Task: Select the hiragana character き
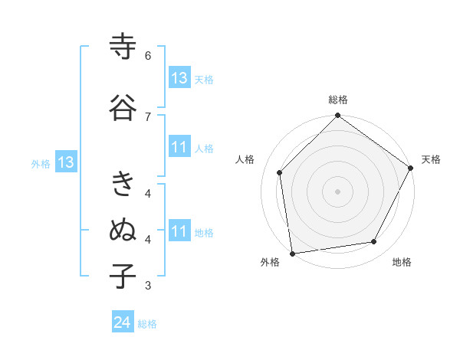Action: [123, 184]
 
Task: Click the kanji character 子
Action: [123, 276]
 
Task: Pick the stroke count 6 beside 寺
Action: [148, 56]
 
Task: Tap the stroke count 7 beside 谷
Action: [148, 116]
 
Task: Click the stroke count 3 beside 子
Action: [148, 286]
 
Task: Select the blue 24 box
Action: [123, 323]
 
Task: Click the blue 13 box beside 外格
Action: [65, 162]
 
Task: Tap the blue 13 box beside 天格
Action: [179, 78]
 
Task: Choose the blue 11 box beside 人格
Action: [179, 148]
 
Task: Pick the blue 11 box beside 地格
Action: [179, 231]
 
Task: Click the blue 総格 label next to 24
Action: [147, 324]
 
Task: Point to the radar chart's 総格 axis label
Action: [338, 100]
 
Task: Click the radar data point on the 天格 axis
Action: [412, 169]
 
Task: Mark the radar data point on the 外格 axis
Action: [292, 253]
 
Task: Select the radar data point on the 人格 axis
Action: [280, 172]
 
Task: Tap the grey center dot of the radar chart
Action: [338, 191]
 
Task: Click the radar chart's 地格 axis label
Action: [402, 263]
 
